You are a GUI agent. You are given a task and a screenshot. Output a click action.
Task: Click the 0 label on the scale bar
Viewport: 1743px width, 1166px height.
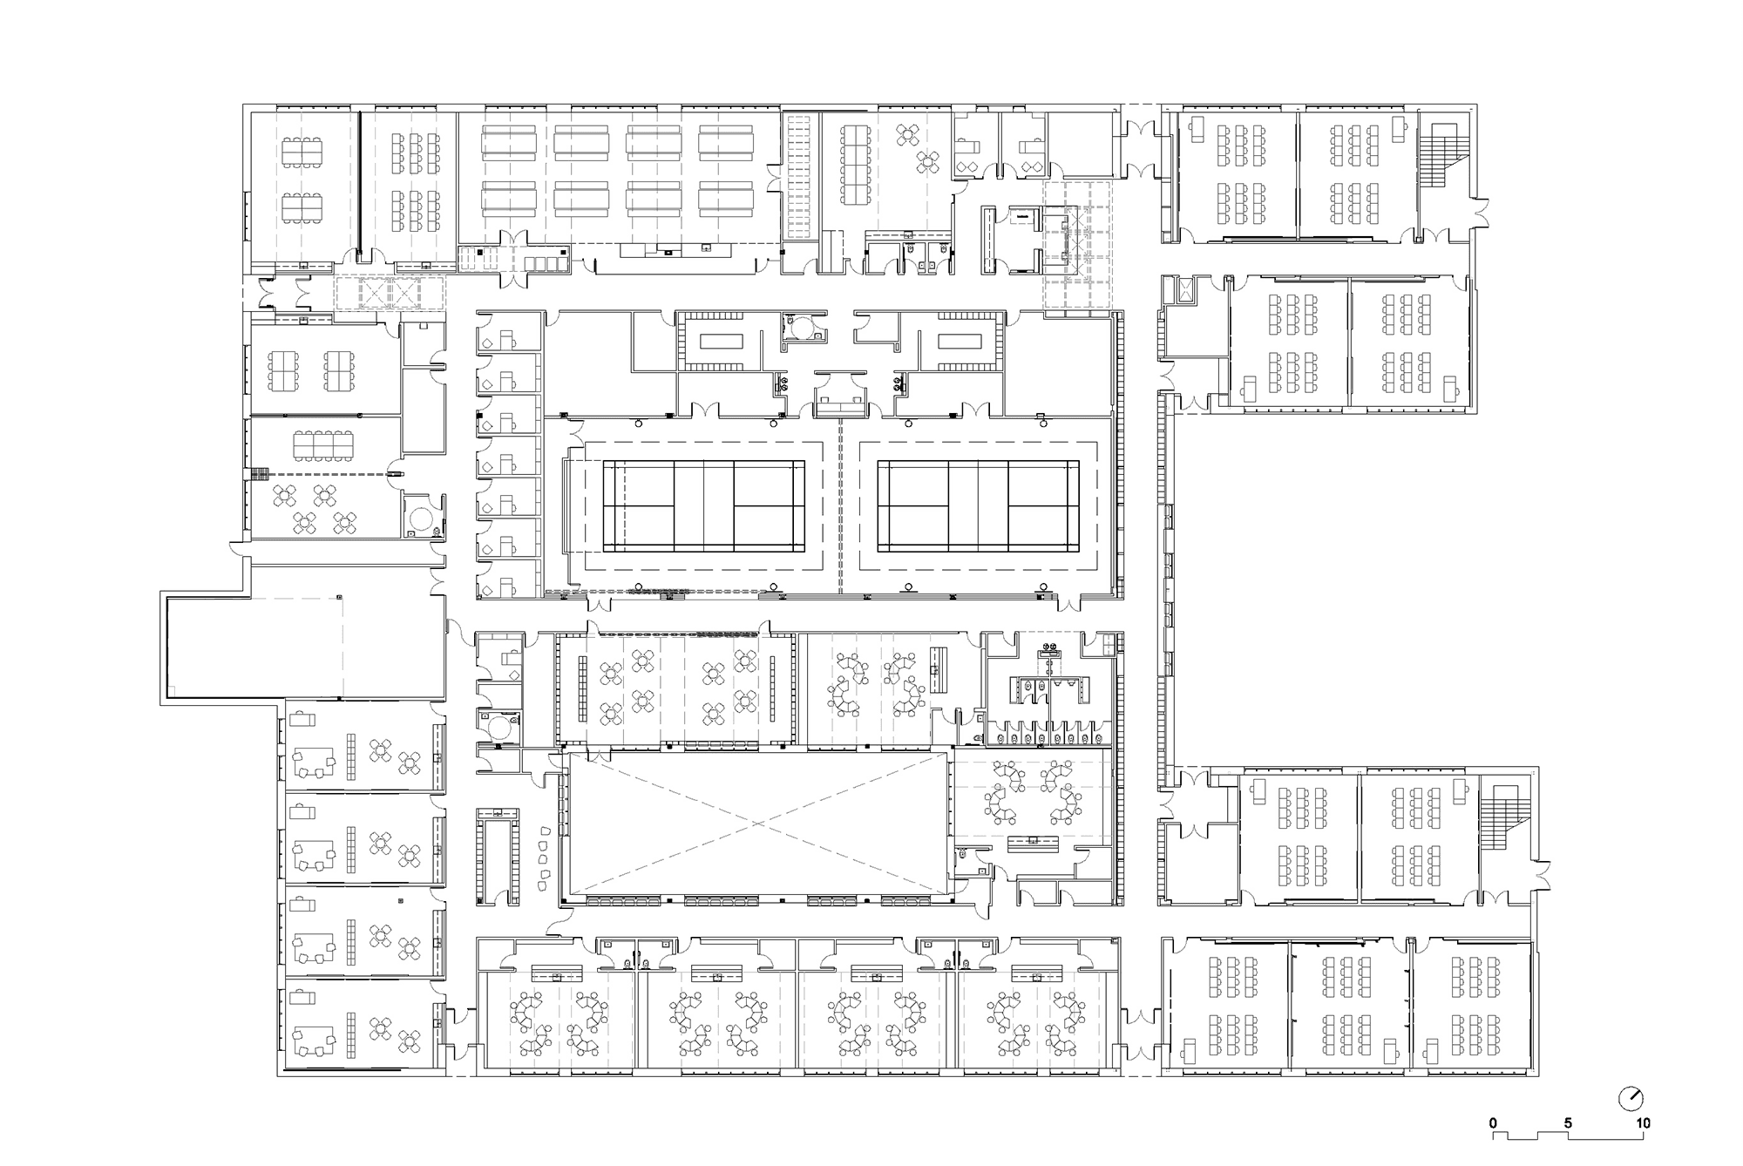(1493, 1123)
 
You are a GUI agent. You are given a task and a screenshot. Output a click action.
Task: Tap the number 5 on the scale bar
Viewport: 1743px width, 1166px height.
(1568, 1123)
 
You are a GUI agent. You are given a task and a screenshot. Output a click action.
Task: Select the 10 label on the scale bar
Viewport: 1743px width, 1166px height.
(1642, 1123)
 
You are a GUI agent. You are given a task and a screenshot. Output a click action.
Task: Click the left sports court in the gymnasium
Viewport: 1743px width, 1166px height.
(704, 505)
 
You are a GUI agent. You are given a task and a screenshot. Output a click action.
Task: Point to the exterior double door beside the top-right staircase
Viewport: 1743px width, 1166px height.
(1479, 213)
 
